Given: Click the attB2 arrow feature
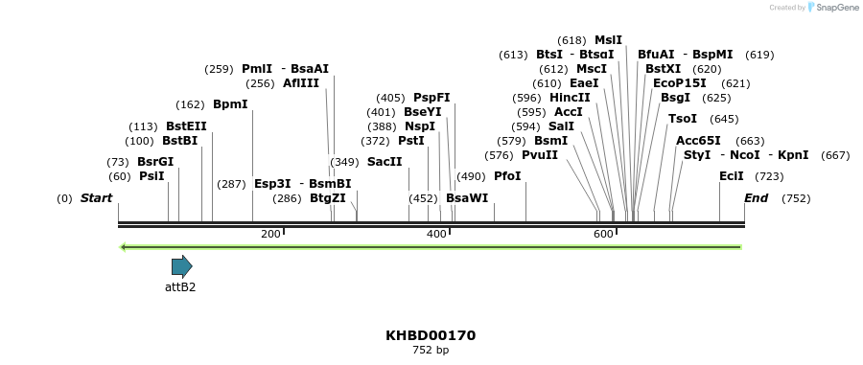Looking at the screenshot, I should point(181,266).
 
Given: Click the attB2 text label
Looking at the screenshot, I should point(180,286).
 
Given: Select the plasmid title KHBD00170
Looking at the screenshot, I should point(431,335).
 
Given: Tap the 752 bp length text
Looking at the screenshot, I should point(431,351).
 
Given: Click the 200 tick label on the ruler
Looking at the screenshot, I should point(270,235).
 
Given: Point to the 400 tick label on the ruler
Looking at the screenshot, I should point(436,235).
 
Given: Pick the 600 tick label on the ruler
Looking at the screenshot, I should point(603,235).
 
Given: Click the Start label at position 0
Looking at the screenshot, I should point(96,198).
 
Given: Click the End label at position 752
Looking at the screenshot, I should point(756,198).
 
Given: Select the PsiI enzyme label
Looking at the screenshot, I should point(152,176).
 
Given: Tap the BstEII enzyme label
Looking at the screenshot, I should point(186,126).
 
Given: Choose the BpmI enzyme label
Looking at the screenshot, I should point(230,104).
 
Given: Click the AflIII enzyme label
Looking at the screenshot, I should point(301,83).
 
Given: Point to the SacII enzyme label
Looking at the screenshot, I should point(385,162).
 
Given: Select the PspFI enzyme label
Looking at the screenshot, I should point(431,98).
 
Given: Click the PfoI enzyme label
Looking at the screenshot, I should point(507,176).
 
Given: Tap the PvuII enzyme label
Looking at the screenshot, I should point(540,155).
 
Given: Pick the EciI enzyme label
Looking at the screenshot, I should point(732,176).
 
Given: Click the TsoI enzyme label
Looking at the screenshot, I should point(683,119).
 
